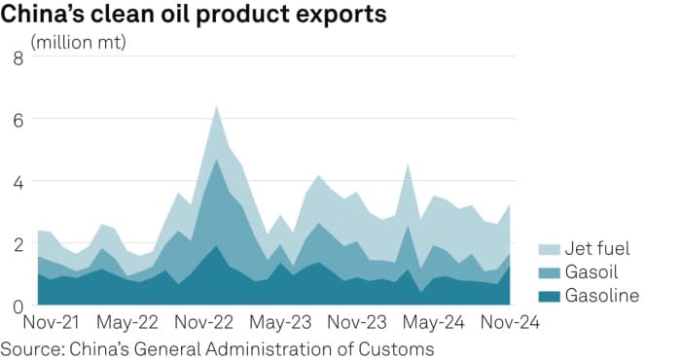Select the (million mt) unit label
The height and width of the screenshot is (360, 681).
click(79, 43)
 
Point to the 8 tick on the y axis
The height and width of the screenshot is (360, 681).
click(17, 57)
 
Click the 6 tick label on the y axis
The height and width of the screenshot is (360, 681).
click(17, 120)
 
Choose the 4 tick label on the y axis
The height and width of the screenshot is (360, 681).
click(17, 182)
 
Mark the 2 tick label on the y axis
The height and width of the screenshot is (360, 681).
click(17, 244)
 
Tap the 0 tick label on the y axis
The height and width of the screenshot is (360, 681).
click(17, 306)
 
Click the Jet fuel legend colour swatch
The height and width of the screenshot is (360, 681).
click(549, 248)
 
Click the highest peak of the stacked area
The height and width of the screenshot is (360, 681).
click(216, 106)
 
